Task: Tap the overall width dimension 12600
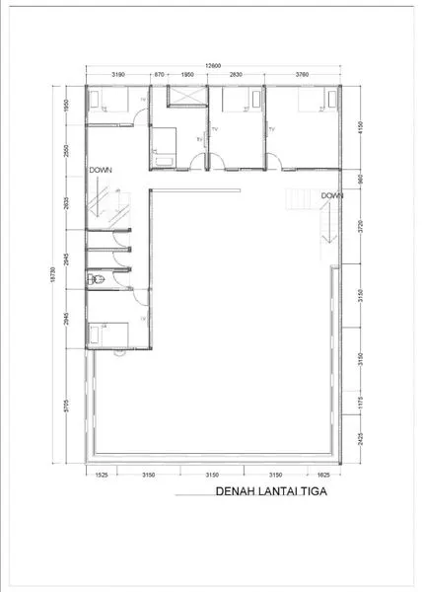[212, 65]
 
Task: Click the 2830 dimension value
[237, 74]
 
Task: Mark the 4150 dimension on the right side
[363, 127]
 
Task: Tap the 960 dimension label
[363, 180]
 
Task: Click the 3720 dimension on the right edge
[363, 227]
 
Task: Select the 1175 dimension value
[363, 401]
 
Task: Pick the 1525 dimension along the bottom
[102, 473]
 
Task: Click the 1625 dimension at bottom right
[323, 473]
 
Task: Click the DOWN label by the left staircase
[101, 170]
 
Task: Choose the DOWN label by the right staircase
[330, 195]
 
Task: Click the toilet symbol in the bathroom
[95, 282]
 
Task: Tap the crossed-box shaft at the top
[185, 97]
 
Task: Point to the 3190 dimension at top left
[117, 74]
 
